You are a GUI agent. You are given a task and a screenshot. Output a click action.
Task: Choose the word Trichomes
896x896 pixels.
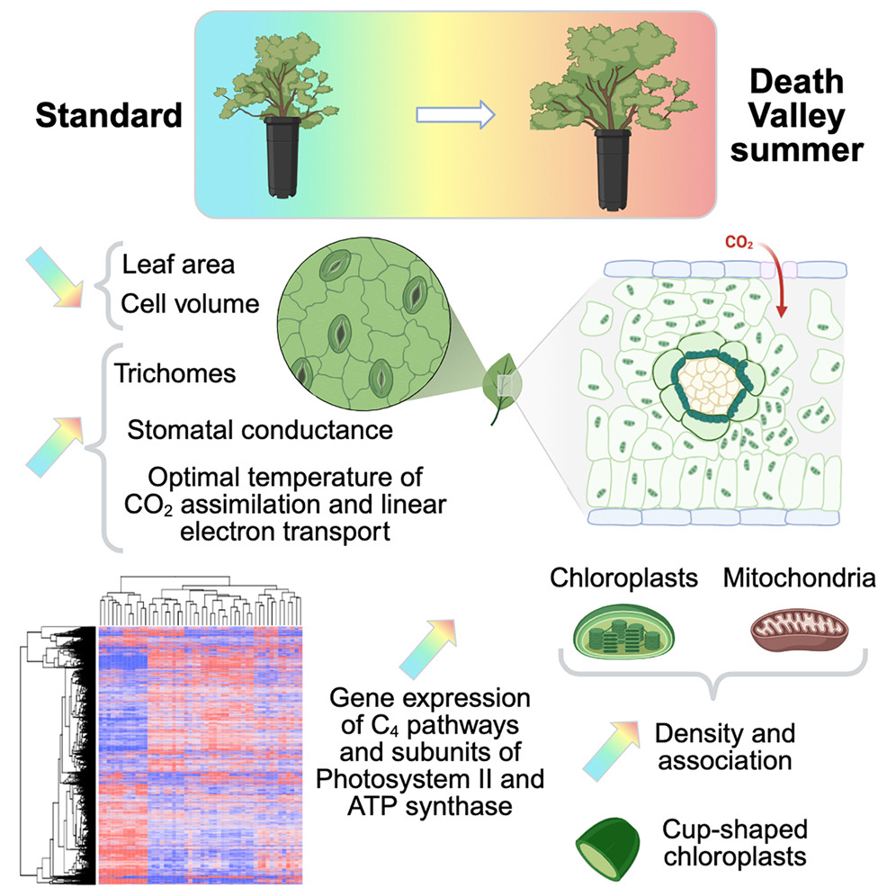pos(175,372)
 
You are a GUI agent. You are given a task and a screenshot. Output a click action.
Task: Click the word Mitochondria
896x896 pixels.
pos(798,578)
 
